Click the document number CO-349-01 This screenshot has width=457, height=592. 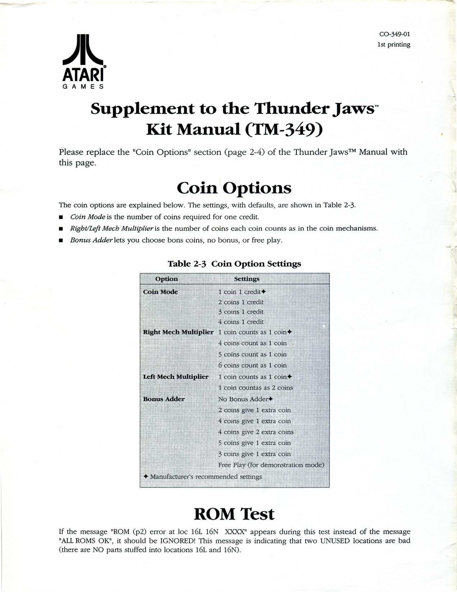click(394, 34)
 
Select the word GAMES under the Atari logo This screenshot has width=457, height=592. click(83, 86)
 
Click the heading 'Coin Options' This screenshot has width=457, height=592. click(234, 188)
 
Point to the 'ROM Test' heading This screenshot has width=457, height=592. click(234, 514)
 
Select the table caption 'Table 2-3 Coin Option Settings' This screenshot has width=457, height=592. click(234, 264)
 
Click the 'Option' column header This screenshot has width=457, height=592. click(166, 279)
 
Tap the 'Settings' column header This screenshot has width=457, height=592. click(247, 279)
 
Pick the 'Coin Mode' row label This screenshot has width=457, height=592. click(160, 292)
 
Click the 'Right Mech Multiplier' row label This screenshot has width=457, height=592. click(178, 332)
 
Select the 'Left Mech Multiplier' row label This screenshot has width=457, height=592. click(176, 377)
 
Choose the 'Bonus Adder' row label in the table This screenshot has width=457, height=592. click(164, 399)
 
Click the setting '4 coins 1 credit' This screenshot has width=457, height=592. click(241, 322)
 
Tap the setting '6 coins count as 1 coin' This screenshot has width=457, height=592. click(252, 365)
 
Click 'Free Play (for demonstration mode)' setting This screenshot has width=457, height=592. click(271, 465)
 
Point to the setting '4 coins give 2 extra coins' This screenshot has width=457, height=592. click(256, 432)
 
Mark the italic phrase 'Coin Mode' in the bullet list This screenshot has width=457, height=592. click(87, 217)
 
